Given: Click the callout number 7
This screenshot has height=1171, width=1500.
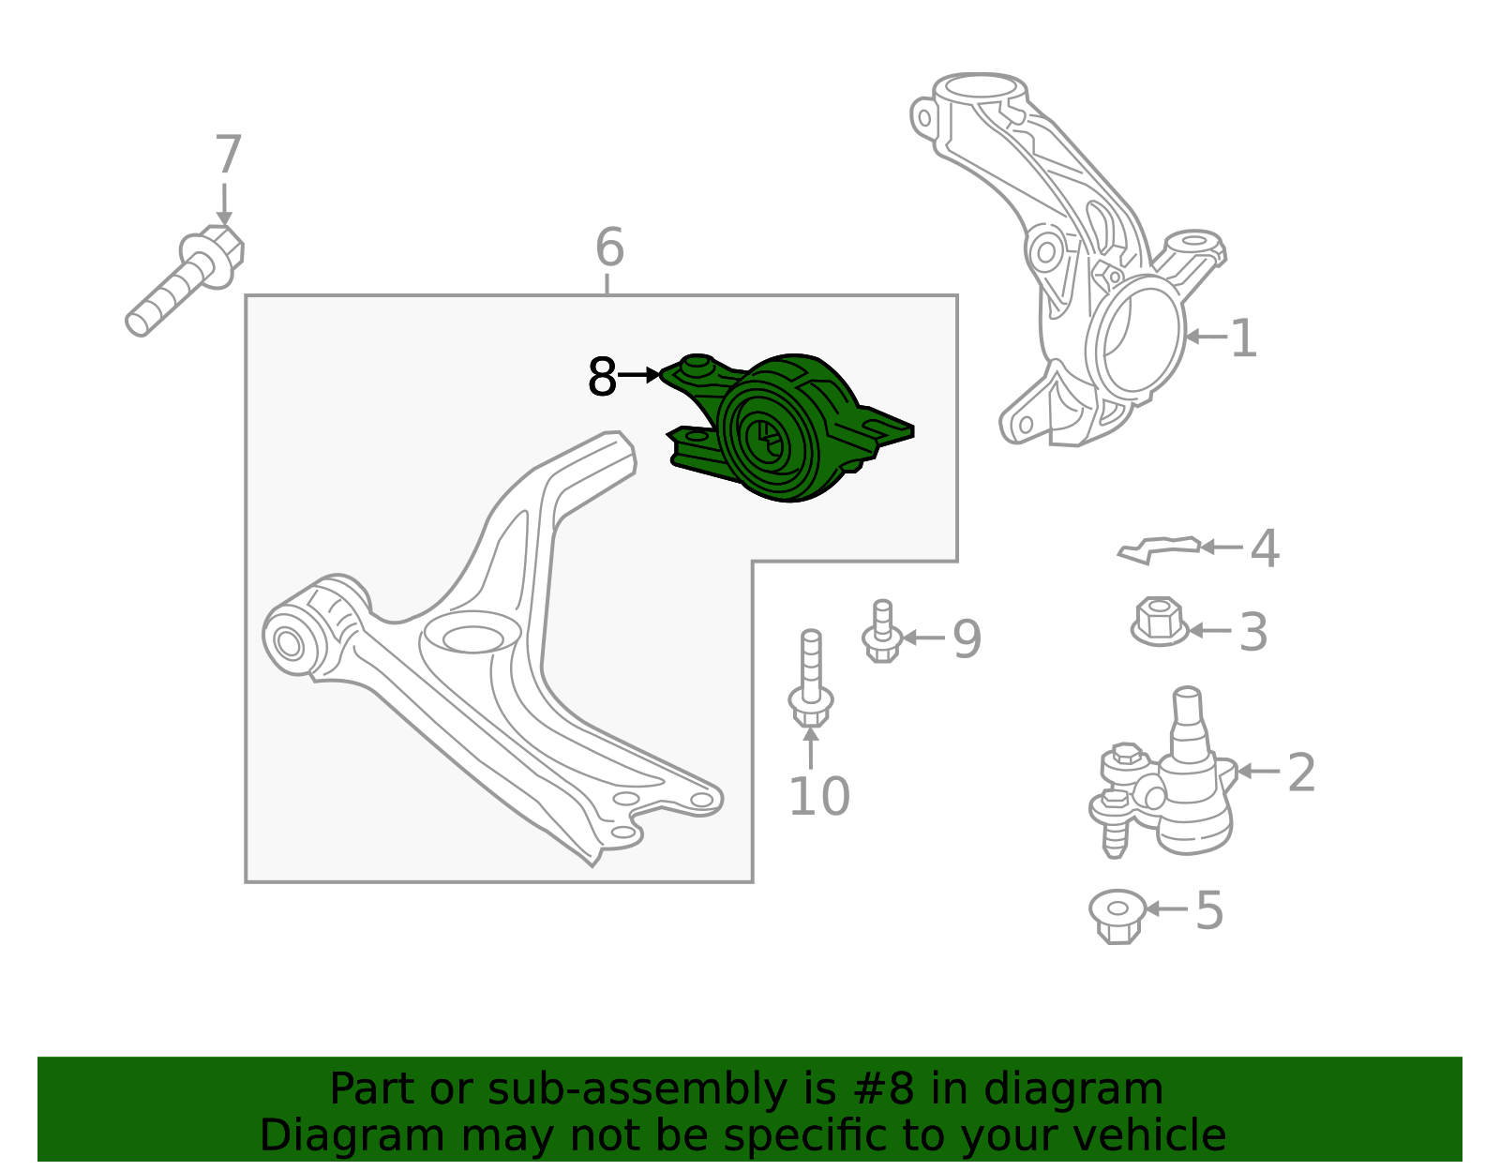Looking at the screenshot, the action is pyautogui.click(x=228, y=155).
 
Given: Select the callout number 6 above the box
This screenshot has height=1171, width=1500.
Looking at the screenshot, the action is pyautogui.click(x=608, y=247).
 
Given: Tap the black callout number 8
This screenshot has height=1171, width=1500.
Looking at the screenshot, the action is pyautogui.click(x=601, y=377).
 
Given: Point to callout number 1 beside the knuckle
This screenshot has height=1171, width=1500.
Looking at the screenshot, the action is pyautogui.click(x=1243, y=338).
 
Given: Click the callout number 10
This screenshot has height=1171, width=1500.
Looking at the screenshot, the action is pyautogui.click(x=818, y=796).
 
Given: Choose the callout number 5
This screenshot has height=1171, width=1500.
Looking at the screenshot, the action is pyautogui.click(x=1208, y=910).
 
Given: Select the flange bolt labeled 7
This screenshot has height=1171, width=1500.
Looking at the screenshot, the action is pyautogui.click(x=186, y=280).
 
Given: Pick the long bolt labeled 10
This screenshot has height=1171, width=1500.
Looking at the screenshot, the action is pyautogui.click(x=811, y=678).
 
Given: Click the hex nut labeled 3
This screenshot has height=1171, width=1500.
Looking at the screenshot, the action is pyautogui.click(x=1160, y=622).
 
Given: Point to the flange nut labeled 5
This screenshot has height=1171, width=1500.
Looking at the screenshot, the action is pyautogui.click(x=1117, y=916).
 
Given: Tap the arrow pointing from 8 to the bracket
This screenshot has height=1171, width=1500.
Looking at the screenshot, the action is pyautogui.click(x=638, y=375).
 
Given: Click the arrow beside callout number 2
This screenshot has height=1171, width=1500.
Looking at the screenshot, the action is pyautogui.click(x=1259, y=771).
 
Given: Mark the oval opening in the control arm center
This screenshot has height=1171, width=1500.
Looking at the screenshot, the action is pyautogui.click(x=472, y=639).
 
